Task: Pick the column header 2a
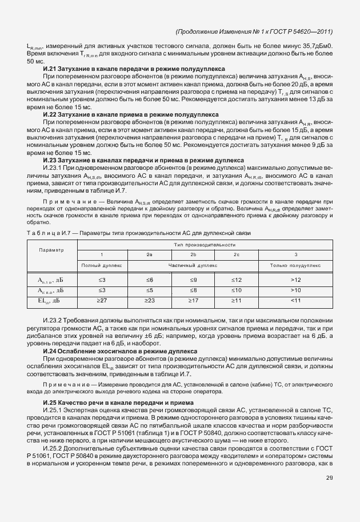click(x=150, y=254)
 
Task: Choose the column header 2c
click(x=237, y=254)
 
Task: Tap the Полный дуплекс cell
click(x=102, y=265)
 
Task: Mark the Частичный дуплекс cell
click(x=193, y=265)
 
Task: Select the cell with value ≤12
click(x=237, y=280)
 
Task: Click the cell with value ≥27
click(x=102, y=300)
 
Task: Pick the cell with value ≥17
click(x=193, y=300)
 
